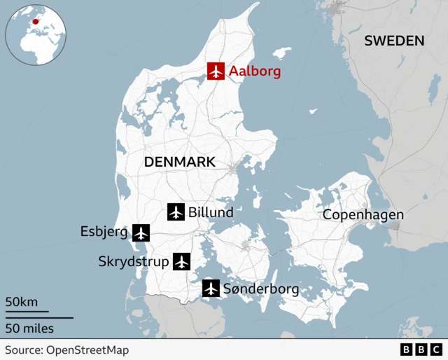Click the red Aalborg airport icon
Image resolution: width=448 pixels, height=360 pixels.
[x=216, y=71]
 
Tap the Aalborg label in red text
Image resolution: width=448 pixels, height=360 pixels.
[x=255, y=71]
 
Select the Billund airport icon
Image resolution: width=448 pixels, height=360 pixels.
[x=176, y=212]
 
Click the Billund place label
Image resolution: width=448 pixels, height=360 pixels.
[x=211, y=212]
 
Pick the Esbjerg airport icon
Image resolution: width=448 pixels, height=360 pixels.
[x=141, y=232]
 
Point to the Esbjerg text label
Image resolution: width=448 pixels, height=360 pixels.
[x=104, y=232]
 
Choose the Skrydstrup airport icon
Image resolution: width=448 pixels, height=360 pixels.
[x=181, y=262]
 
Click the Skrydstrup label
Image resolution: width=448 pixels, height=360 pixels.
[x=134, y=262]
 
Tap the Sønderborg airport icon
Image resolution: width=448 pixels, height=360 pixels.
[x=211, y=288]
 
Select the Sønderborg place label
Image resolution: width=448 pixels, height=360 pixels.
[x=261, y=289]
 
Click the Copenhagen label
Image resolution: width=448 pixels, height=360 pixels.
[x=363, y=215]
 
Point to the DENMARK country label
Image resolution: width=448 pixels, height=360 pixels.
[x=179, y=162]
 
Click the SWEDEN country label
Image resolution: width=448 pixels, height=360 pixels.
[x=394, y=41]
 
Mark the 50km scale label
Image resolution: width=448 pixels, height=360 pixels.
[x=22, y=302]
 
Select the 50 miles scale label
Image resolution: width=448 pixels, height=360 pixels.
[x=29, y=328]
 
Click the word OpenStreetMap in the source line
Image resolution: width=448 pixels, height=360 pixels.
[x=87, y=349]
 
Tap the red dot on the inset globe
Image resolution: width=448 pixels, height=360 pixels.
[x=35, y=22]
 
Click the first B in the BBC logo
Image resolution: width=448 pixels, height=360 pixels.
[x=406, y=349]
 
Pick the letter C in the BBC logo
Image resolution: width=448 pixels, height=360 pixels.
[x=435, y=349]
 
